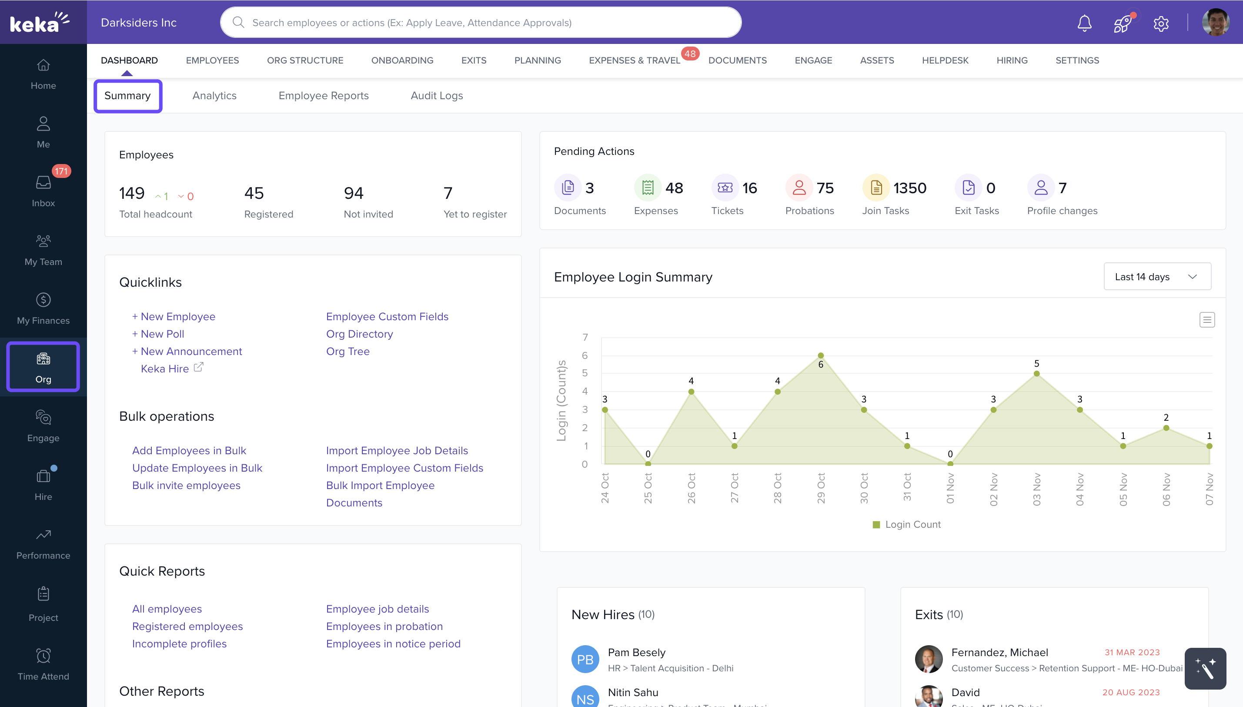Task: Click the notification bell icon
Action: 1084,23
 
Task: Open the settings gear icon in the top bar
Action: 1160,23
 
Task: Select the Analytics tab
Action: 214,96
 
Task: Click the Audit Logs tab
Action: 436,96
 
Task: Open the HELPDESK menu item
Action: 945,60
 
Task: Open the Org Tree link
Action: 348,352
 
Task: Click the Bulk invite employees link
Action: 186,486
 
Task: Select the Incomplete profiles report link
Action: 179,644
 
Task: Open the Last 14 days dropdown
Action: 1156,277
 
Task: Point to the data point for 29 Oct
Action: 820,355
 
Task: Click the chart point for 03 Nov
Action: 1036,373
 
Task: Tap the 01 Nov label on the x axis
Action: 950,489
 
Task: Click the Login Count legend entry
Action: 906,524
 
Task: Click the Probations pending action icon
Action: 799,188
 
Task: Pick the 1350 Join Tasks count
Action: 909,188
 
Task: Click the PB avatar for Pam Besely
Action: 585,660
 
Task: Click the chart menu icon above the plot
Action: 1206,319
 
